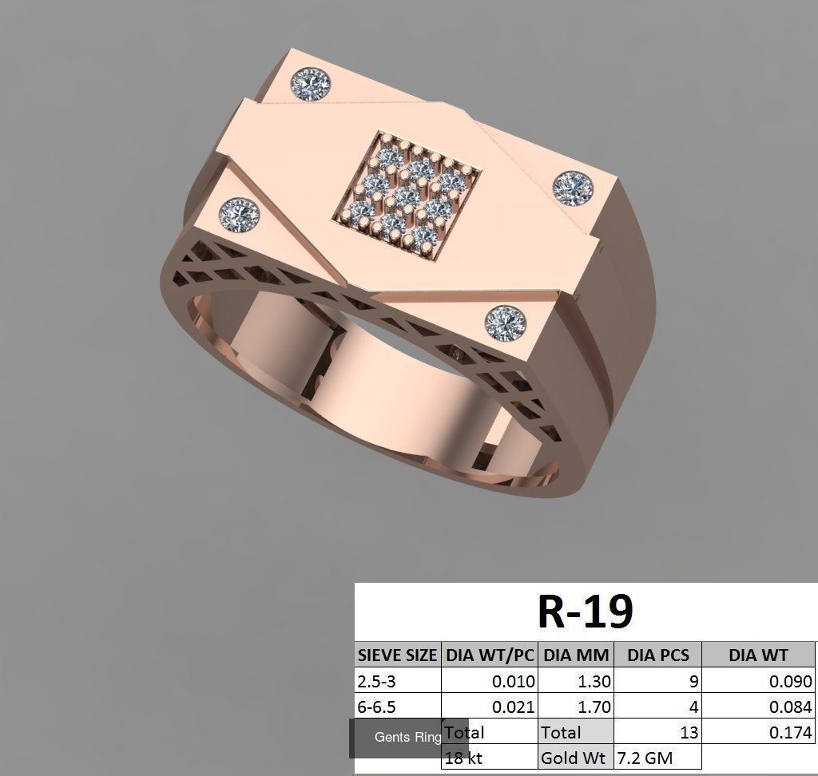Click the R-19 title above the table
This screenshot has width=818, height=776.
[x=586, y=612]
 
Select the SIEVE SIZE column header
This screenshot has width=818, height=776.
[x=397, y=655]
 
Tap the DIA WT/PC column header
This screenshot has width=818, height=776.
[x=489, y=655]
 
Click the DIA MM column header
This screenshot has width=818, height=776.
[x=576, y=655]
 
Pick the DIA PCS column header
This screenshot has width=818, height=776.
[x=657, y=655]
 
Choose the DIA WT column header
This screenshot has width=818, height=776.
[x=757, y=655]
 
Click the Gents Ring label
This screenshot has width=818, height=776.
[x=407, y=738]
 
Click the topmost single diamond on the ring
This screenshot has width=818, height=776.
[x=311, y=81]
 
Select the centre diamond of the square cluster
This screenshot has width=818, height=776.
[x=407, y=194]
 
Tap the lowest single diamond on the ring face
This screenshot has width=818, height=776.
[x=505, y=323]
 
